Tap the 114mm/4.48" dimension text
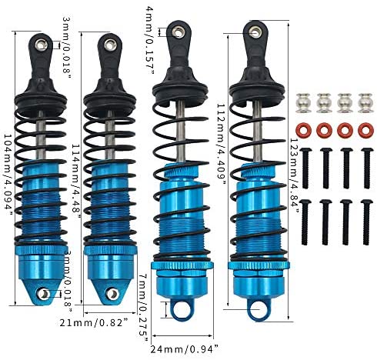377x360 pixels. click(x=76, y=181)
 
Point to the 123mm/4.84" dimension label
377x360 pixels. click(x=295, y=175)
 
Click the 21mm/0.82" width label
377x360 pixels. click(x=94, y=322)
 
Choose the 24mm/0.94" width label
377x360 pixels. click(x=184, y=349)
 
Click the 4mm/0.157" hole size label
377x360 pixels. click(x=149, y=41)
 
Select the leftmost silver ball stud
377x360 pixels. click(x=304, y=103)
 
